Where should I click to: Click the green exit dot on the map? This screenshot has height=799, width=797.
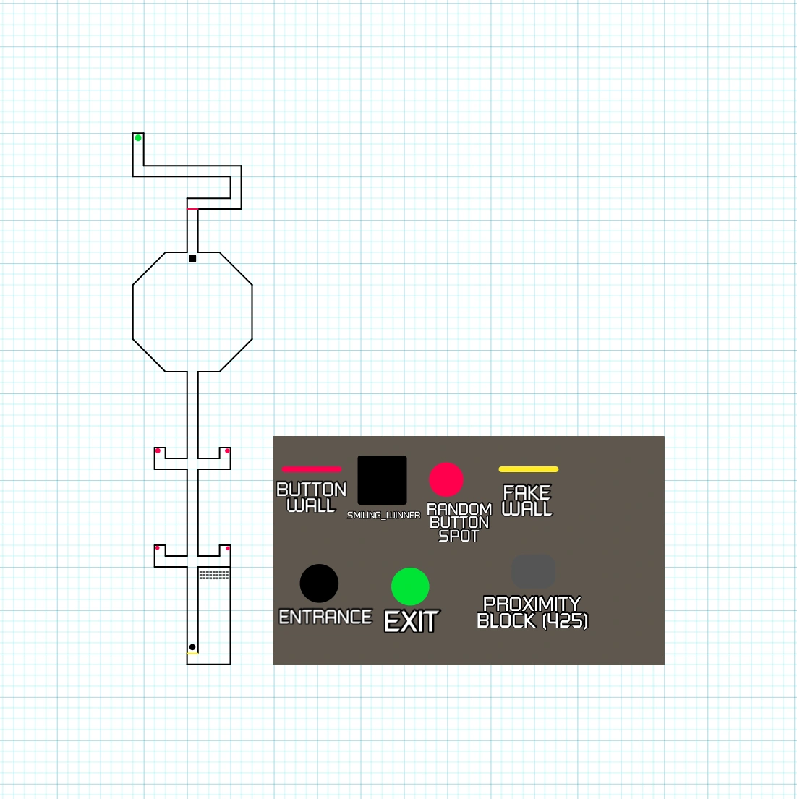[x=138, y=137]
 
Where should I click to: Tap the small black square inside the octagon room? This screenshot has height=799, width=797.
[x=192, y=258]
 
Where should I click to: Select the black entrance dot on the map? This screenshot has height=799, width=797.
[x=192, y=647]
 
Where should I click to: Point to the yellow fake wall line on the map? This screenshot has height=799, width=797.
[x=192, y=653]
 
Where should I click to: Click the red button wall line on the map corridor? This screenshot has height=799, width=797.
[x=192, y=208]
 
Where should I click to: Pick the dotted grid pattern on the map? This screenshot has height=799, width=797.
[x=214, y=575]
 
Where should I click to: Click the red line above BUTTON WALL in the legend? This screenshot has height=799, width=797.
[x=312, y=469]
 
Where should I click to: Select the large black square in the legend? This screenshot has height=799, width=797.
[x=382, y=480]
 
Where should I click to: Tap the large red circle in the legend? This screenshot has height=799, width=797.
[x=446, y=479]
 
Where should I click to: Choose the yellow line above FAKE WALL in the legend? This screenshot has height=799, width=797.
[x=529, y=469]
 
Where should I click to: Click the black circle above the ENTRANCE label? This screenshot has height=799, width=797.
[x=319, y=584]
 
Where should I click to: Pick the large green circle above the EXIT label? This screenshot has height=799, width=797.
[x=410, y=586]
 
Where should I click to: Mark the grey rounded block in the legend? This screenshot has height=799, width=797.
[x=533, y=572]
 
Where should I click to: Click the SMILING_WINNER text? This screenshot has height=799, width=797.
[x=384, y=515]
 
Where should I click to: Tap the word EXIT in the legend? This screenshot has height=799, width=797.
[x=412, y=622]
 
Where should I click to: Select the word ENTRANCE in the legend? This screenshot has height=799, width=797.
[x=325, y=617]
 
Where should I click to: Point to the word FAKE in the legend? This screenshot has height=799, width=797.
[x=527, y=492]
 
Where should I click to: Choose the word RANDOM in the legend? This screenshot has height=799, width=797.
[x=459, y=509]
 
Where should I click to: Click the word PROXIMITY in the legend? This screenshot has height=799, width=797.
[x=532, y=604]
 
